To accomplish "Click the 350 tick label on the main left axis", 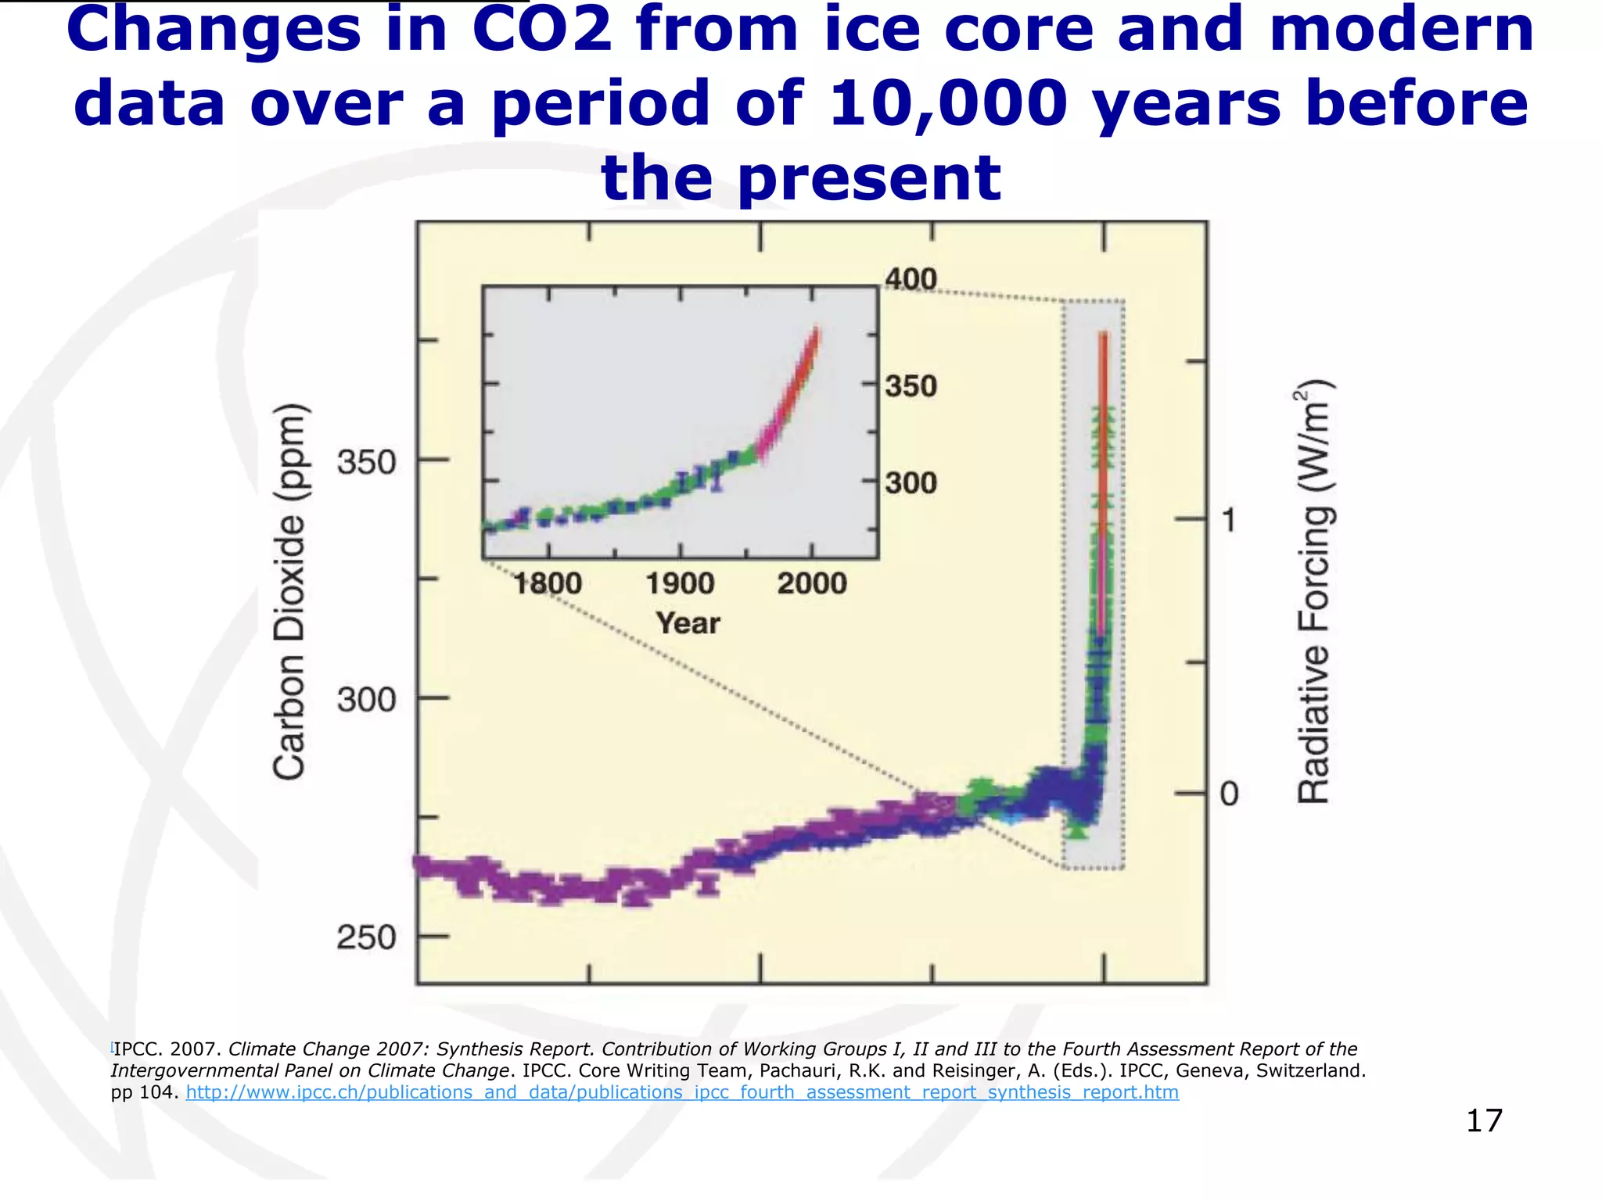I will [366, 462].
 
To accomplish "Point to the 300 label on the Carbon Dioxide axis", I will [366, 699].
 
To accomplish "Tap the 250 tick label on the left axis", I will [366, 937].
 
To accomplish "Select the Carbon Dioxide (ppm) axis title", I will [289, 592].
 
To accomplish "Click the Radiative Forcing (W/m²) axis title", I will [1314, 592].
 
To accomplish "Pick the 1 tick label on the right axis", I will [1229, 520].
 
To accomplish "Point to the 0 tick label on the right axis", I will [1229, 794].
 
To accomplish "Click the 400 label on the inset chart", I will [911, 279].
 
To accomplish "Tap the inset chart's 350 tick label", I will [911, 386].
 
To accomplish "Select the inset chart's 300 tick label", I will [911, 483].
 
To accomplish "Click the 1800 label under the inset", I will [548, 583].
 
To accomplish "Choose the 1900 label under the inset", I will [680, 583].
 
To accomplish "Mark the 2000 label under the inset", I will [812, 583].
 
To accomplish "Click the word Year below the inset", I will [688, 623].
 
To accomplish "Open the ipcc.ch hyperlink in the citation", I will [681, 1092].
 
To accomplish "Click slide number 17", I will [1483, 1120].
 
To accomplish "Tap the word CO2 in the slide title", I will [542, 30].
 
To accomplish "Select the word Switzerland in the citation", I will [1310, 1070].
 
